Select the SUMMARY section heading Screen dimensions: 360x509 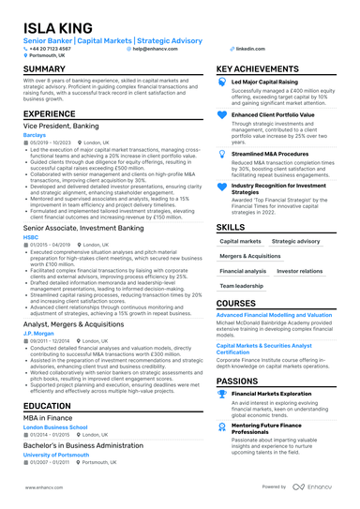[44, 69]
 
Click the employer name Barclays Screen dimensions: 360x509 [35, 134]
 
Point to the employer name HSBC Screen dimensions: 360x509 [31, 235]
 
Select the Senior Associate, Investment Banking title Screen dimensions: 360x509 [83, 227]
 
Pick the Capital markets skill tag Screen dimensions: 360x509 [241, 241]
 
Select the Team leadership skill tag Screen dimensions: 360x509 [241, 285]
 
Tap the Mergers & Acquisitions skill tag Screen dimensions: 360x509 [250, 256]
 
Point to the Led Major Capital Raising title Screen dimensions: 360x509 [271, 82]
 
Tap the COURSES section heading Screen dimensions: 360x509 [235, 303]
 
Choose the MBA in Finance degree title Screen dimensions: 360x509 [50, 417]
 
